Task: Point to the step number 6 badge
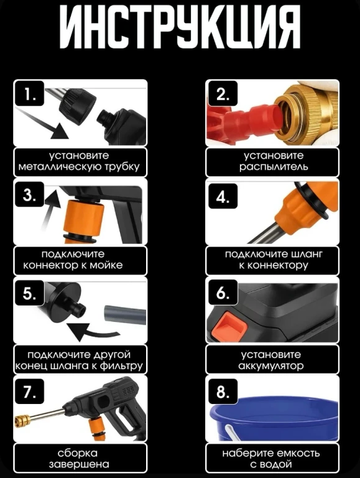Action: coord(223,292)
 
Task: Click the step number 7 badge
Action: coord(30,391)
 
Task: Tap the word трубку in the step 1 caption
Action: coord(122,167)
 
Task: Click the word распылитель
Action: coord(273,167)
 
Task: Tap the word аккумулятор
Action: coord(271,365)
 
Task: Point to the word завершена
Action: coord(79,464)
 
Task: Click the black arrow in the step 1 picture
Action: coord(45,125)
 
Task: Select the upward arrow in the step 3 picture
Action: coord(48,210)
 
